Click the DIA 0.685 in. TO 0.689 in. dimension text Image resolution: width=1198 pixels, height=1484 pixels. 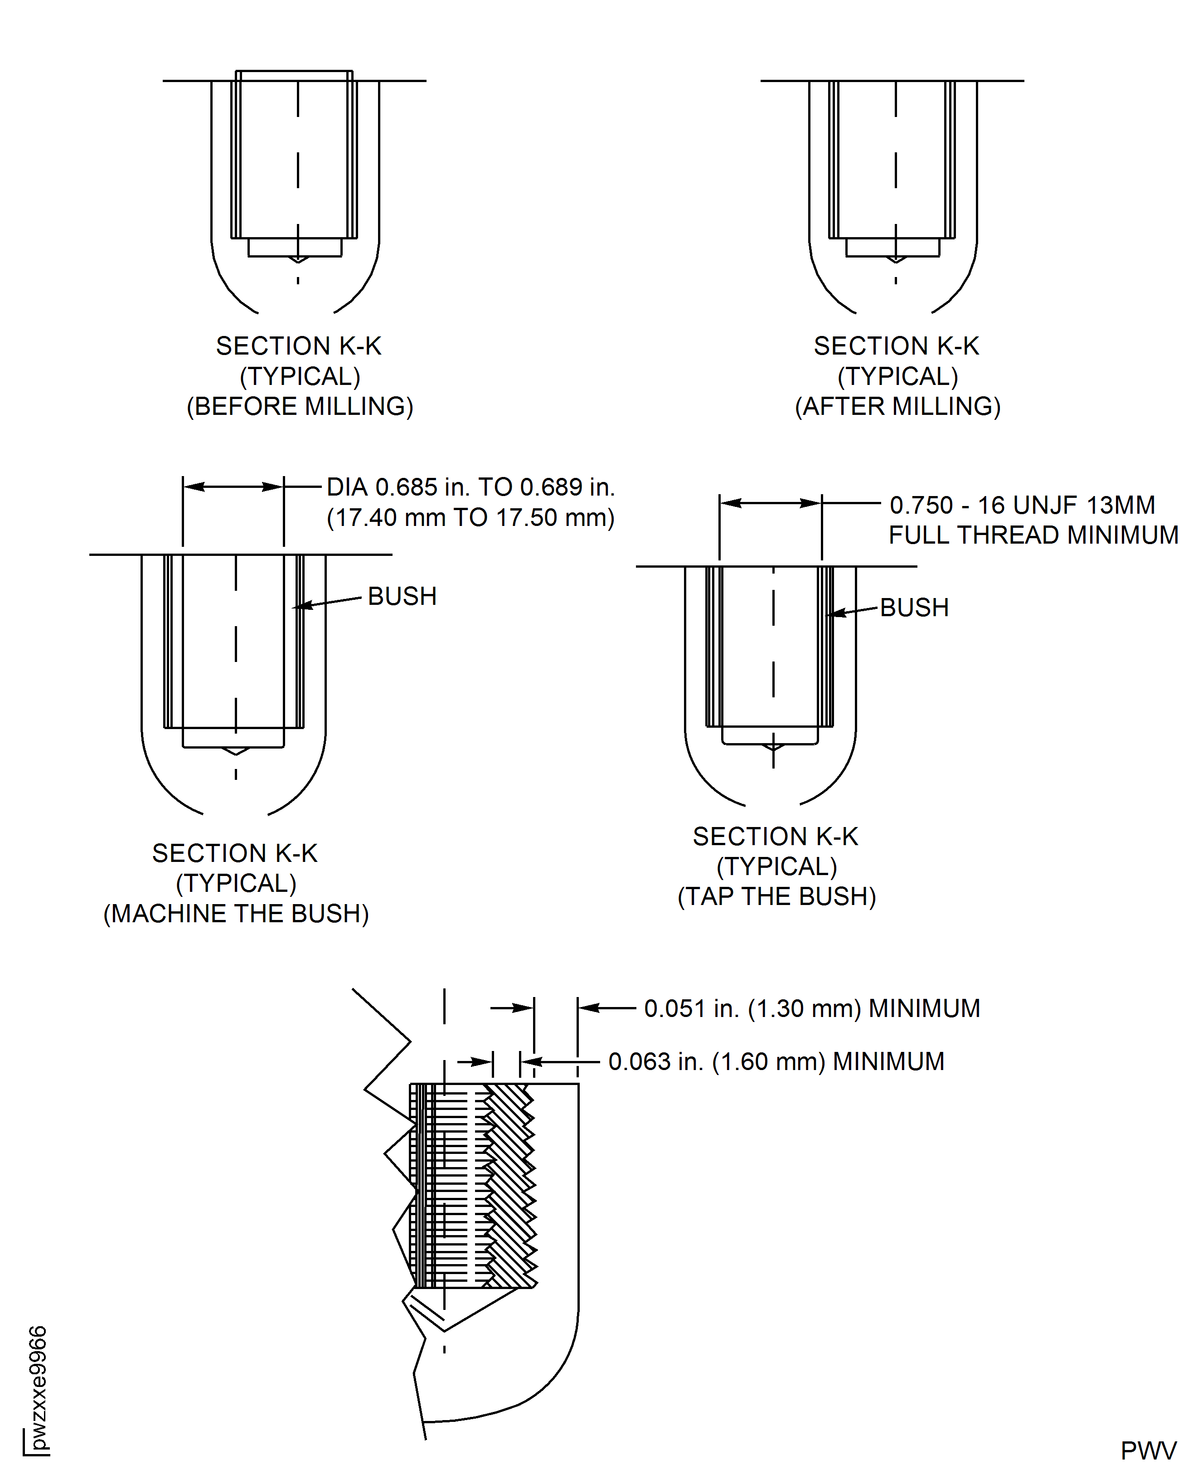pyautogui.click(x=470, y=487)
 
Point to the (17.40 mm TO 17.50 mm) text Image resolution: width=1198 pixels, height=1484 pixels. pyautogui.click(x=470, y=518)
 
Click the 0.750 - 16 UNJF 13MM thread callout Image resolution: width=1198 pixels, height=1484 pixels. pyautogui.click(x=1022, y=505)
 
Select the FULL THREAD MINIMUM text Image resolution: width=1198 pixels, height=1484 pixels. pyautogui.click(x=1033, y=535)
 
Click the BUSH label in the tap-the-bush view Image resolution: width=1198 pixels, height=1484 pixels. pyautogui.click(x=914, y=608)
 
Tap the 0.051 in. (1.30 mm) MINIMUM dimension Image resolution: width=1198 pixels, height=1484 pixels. pyautogui.click(x=811, y=1008)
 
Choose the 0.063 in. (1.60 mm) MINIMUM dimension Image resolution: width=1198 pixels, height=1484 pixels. pyautogui.click(x=776, y=1061)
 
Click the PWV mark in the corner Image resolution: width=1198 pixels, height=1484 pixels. pyautogui.click(x=1148, y=1451)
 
